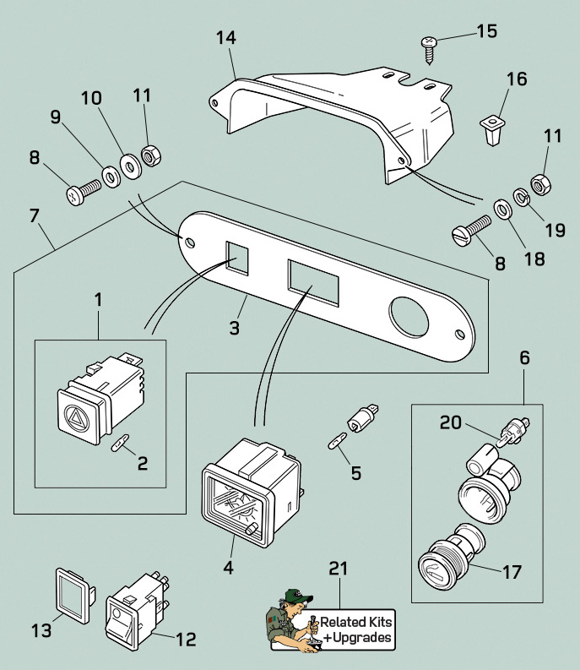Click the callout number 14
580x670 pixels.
coord(226,39)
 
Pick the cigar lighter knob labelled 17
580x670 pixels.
coord(443,567)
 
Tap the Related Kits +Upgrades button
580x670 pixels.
coord(355,630)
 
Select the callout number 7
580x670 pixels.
coord(35,215)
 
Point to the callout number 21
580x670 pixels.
coord(339,570)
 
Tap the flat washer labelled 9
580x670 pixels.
coord(111,177)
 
